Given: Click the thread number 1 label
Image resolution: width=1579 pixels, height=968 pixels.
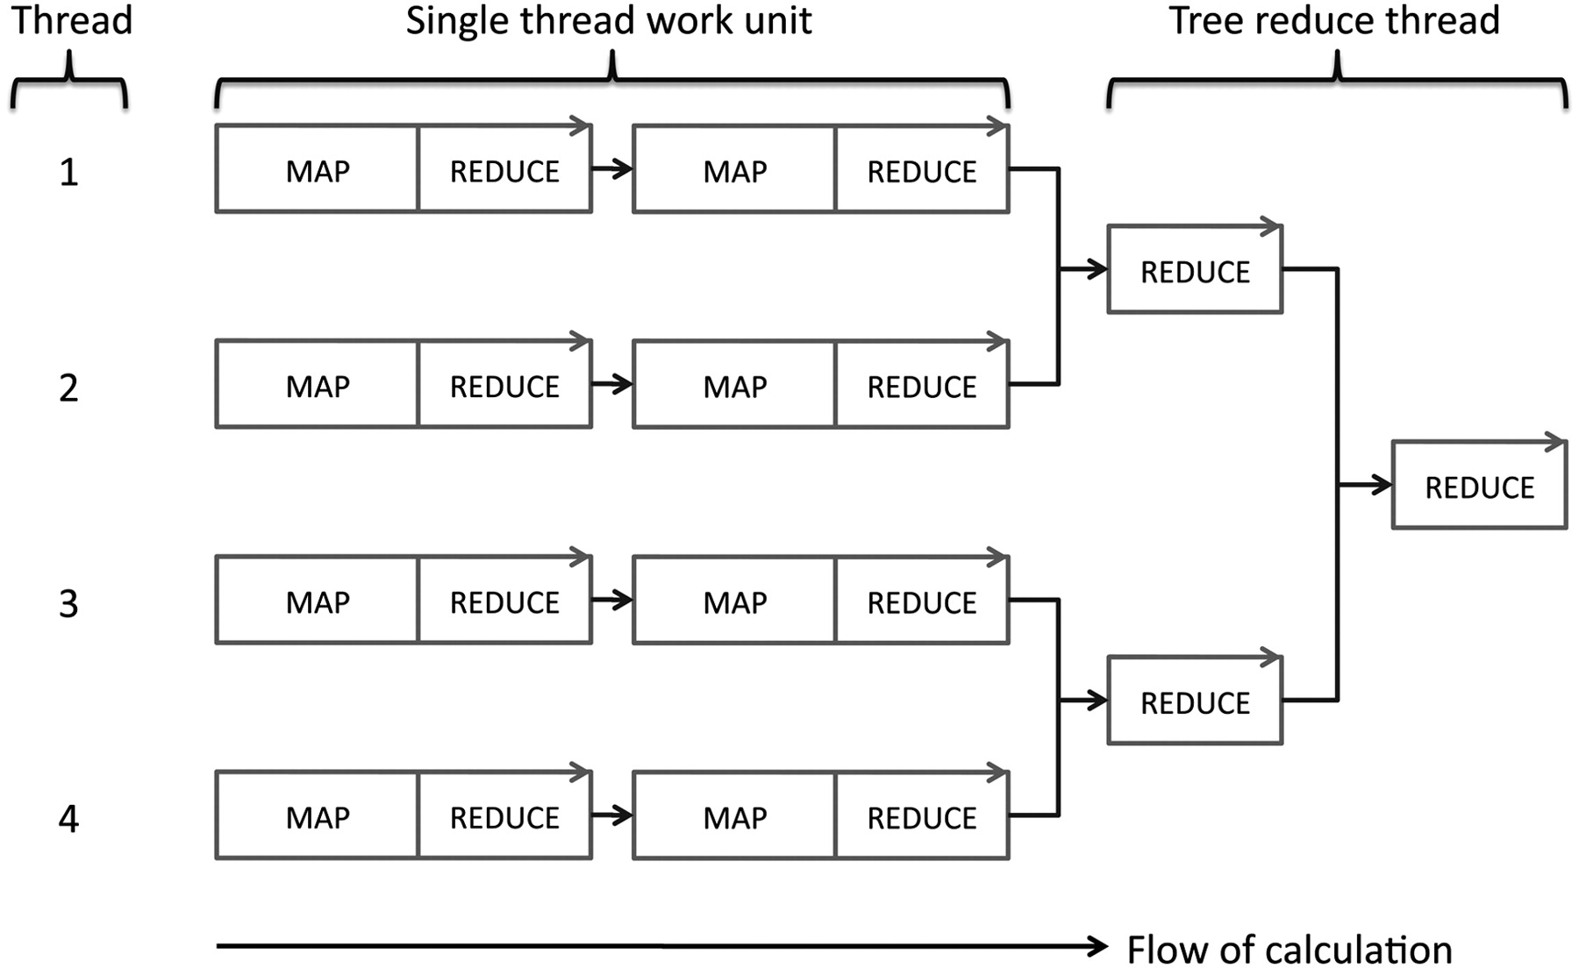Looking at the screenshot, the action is coord(68,172).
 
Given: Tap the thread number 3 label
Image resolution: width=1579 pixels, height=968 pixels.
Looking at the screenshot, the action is coord(68,603).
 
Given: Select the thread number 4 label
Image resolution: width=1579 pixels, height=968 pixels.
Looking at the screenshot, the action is coord(68,819).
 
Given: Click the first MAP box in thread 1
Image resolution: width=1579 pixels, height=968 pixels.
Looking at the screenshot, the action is coord(318,169).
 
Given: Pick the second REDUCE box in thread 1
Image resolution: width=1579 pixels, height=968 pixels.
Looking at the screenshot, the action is coord(923,169).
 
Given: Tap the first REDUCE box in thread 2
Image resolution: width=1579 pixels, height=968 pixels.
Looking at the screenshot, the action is coord(505,385).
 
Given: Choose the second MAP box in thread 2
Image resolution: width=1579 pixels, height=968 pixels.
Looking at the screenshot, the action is coord(735,385).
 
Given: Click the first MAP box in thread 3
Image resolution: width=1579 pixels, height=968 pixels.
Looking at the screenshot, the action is coord(318,601).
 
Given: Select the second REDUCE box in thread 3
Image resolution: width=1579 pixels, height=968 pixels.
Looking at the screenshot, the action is coord(923,601).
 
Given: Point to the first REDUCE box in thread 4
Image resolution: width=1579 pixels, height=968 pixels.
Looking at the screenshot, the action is coord(505,816).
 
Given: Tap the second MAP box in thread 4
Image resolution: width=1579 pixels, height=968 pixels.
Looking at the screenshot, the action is coord(735,816).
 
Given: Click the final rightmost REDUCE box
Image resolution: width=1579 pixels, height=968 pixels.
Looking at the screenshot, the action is coord(1480,486).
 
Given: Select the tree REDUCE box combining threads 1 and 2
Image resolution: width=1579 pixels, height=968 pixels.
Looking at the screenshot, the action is coord(1196,270).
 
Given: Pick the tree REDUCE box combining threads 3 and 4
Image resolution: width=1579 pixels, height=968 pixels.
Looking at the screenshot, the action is coord(1196,701).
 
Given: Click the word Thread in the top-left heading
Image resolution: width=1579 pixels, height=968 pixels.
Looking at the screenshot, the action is coord(71,20).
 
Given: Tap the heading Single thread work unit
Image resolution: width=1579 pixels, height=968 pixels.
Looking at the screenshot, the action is coord(609,20).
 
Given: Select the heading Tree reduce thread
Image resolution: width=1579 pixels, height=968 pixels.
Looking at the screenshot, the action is coord(1334,20).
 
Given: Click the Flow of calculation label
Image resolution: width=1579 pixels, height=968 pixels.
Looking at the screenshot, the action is coord(1290,950).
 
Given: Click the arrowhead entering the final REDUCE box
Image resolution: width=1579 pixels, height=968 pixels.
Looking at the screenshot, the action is coord(1382,485).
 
